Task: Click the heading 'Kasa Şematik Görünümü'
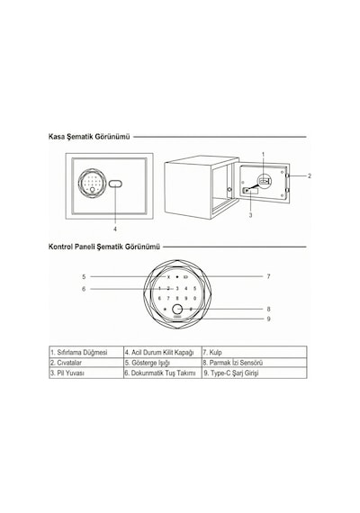click(89, 137)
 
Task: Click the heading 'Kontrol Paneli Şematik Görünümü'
click(104, 247)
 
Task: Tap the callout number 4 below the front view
click(115, 229)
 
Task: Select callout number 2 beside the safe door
click(310, 176)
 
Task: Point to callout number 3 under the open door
click(251, 215)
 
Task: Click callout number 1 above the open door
click(263, 154)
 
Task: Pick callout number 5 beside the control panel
click(84, 277)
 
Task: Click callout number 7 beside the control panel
click(268, 276)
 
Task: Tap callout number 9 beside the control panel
click(269, 319)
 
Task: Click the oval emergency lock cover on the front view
click(115, 184)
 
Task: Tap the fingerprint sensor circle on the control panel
click(177, 310)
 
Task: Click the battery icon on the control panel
click(186, 277)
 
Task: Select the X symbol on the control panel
click(168, 277)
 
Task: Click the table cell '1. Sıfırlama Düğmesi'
click(86, 353)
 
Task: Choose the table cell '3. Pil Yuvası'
click(86, 373)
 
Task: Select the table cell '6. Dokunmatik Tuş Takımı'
click(163, 373)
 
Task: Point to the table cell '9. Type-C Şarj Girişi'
click(255, 373)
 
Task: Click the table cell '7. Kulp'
click(255, 353)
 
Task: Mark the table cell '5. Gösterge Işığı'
click(163, 363)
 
